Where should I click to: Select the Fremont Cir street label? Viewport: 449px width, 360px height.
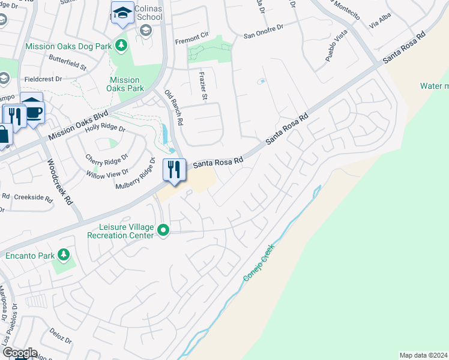(190, 41)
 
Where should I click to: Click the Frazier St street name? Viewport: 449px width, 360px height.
(203, 84)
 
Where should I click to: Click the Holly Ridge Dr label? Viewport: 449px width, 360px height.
(104, 128)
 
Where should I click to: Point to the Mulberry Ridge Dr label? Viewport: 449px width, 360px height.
(136, 175)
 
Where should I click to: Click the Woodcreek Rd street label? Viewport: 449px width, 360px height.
(60, 182)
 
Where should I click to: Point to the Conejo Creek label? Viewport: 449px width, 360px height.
(259, 263)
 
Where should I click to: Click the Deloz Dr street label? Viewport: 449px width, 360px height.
(61, 336)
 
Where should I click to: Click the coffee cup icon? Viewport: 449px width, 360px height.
(35, 112)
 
